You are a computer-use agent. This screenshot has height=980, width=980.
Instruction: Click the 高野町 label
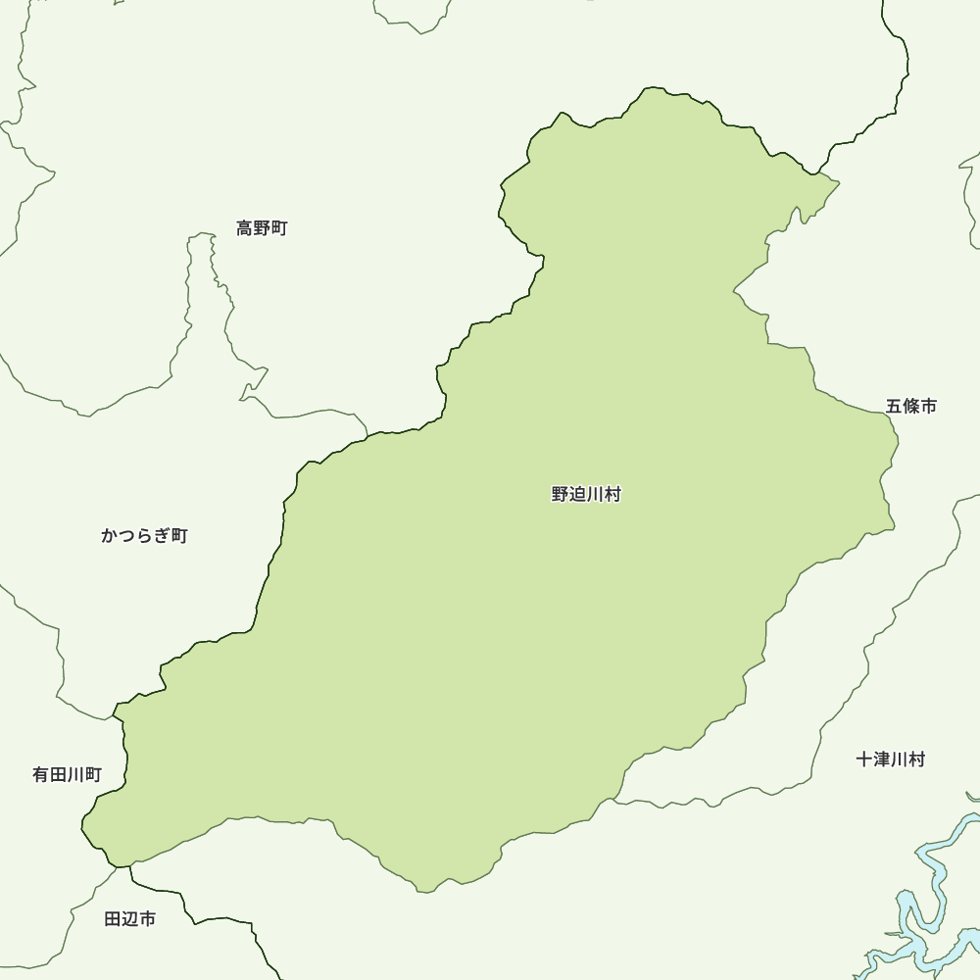click(262, 228)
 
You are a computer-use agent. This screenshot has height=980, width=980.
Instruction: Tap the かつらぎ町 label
click(144, 535)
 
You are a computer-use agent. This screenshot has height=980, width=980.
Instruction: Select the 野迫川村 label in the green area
click(586, 495)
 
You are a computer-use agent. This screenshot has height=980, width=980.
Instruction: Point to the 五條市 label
click(911, 406)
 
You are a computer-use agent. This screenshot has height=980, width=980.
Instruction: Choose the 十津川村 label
click(890, 759)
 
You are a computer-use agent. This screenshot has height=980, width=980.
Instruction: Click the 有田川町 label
click(67, 774)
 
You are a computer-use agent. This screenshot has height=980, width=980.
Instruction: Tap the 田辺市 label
click(129, 919)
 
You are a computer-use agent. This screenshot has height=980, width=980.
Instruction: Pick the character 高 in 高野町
click(245, 228)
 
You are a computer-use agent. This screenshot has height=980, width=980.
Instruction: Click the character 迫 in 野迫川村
click(577, 495)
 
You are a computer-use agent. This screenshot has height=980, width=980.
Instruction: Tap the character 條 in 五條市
click(911, 406)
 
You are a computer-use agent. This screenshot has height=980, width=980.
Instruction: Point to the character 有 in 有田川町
click(41, 774)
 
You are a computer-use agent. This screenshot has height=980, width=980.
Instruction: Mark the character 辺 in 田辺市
click(129, 919)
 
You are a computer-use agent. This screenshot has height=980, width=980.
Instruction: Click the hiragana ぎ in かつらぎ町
click(161, 535)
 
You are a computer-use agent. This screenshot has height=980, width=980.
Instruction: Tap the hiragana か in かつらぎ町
click(110, 535)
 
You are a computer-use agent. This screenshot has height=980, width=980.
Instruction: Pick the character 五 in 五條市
click(895, 406)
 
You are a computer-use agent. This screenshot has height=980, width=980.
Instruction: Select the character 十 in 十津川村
click(864, 759)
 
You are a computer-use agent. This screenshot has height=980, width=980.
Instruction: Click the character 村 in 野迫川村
click(612, 495)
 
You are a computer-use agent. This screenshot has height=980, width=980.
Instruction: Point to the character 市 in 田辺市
click(146, 919)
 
